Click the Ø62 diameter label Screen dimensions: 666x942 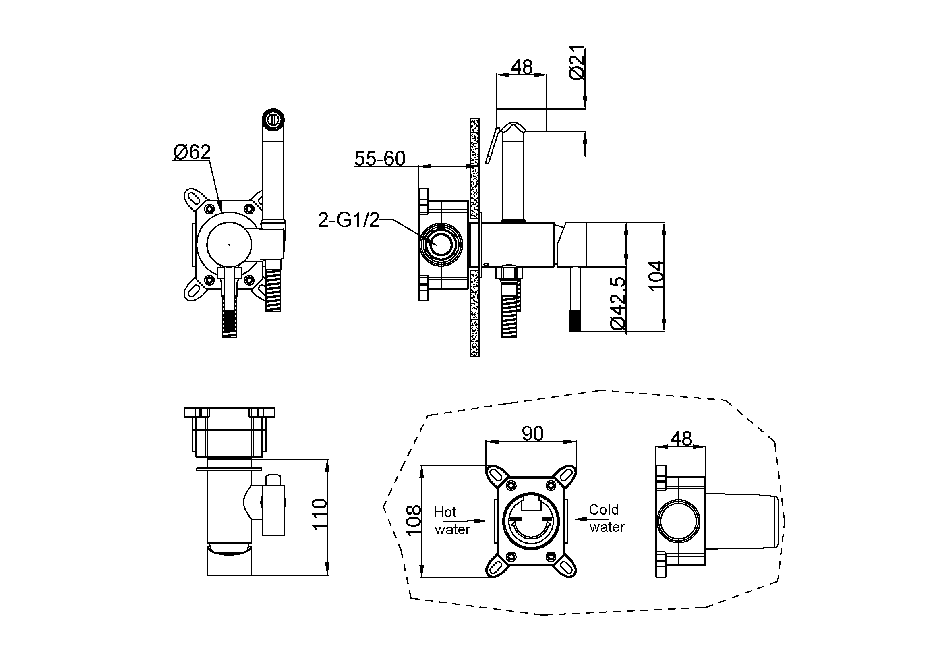(192, 152)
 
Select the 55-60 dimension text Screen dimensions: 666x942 (379, 158)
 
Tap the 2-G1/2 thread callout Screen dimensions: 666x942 (349, 220)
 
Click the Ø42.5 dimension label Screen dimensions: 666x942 (618, 303)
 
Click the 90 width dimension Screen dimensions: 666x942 (532, 434)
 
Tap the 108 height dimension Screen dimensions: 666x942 (414, 520)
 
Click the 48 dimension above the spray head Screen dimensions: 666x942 (522, 66)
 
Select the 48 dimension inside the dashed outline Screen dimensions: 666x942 (681, 439)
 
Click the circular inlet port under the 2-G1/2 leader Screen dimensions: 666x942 (441, 245)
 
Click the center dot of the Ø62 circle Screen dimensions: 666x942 (229, 245)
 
